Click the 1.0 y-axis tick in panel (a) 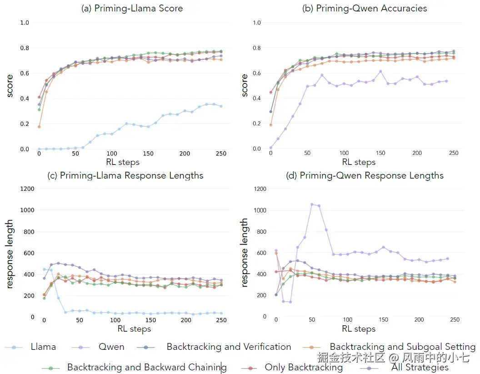click(25, 23)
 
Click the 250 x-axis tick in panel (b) click(454, 153)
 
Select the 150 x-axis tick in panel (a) click(148, 154)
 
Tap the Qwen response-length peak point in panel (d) click(312, 205)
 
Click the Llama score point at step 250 click(221, 106)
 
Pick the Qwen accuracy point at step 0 click(271, 148)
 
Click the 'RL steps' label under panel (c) click(134, 329)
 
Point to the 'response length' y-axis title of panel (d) click(245, 252)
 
